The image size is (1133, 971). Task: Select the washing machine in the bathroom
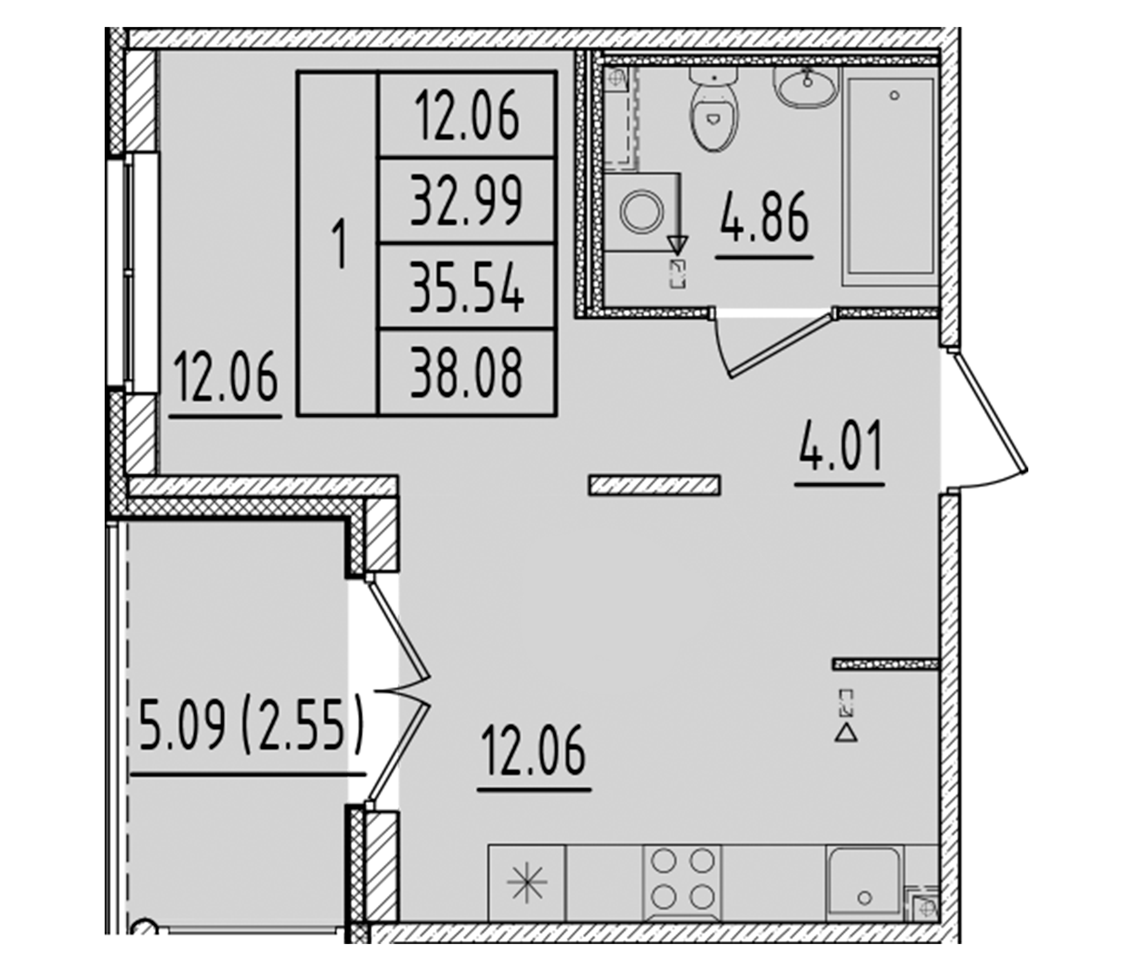641,211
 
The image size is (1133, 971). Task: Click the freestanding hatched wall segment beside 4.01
654,485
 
